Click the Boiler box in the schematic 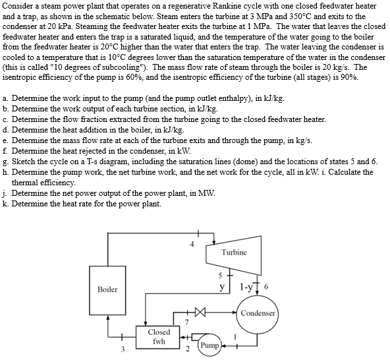click(x=107, y=289)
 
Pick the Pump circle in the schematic click(x=209, y=345)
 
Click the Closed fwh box click(x=159, y=337)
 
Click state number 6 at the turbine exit click(x=264, y=288)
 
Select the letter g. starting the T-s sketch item click(x=6, y=161)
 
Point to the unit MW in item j click(x=207, y=193)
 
